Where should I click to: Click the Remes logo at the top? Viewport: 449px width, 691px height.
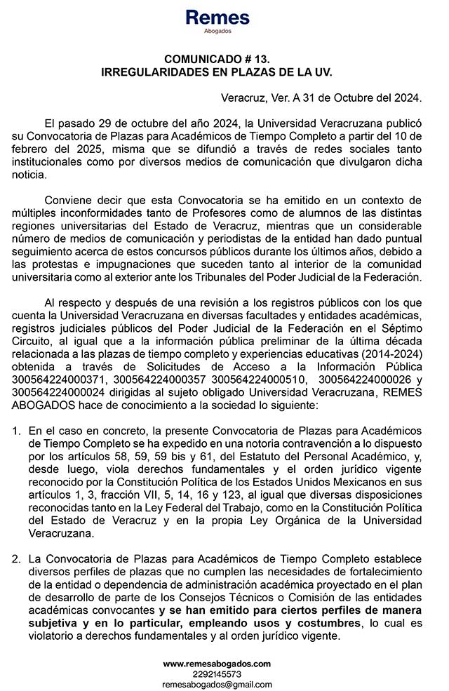point(217,18)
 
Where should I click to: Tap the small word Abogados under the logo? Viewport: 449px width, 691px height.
point(217,32)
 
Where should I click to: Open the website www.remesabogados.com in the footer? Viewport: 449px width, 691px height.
point(216,663)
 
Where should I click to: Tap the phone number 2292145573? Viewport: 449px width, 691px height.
point(216,673)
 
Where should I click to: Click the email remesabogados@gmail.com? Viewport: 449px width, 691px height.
point(216,684)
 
